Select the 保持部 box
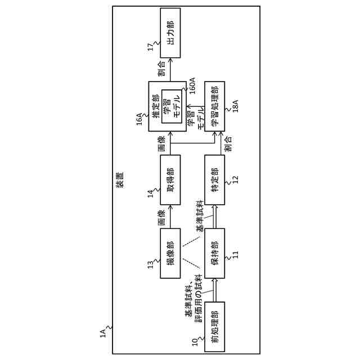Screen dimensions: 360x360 [214, 253]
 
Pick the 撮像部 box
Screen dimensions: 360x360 [170, 253]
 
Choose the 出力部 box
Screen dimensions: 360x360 [170, 33]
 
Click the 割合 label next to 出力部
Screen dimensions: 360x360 [161, 68]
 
